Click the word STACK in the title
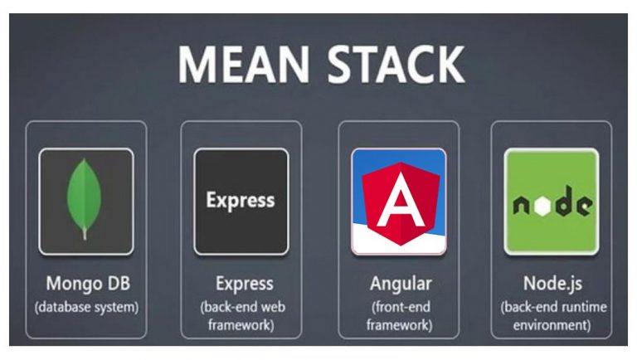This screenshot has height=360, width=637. coord(387,65)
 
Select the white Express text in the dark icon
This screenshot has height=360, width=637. coord(240,201)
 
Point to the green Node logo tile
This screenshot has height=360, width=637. coord(551,202)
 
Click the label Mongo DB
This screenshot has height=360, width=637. coord(86,284)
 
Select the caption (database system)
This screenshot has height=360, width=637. coord(86,307)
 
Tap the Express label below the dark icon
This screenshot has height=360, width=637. coord(241,284)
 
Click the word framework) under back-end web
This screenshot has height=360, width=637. coord(241,324)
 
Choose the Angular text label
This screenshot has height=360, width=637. coord(399,284)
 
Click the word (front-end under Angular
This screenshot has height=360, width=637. coord(399,307)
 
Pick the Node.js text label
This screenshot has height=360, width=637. coord(552,284)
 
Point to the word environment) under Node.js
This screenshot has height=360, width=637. coord(552,324)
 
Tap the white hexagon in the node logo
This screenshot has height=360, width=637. coord(543,205)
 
